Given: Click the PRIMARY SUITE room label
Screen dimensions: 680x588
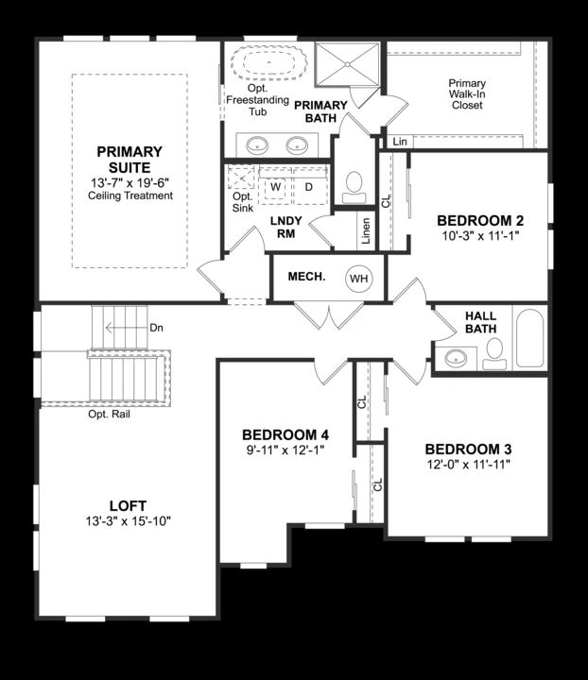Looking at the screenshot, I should (130, 159).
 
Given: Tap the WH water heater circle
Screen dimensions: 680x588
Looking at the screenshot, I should (358, 279).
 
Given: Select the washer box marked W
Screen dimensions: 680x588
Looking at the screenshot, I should (276, 187).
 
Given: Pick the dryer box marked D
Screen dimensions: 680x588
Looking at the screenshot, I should (308, 187).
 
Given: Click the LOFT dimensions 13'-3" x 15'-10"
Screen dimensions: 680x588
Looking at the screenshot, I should (127, 521).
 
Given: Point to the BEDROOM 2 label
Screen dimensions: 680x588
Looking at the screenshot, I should (480, 221).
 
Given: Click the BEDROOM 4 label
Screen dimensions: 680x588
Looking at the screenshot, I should (285, 434).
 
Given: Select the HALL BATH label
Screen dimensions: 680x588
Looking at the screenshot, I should (480, 322).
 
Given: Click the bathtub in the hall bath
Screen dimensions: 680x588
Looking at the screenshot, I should (529, 338).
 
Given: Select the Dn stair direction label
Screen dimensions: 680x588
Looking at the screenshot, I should (157, 328).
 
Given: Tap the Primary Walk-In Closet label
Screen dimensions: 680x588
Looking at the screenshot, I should (467, 94).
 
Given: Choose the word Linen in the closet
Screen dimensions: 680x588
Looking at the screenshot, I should (366, 229).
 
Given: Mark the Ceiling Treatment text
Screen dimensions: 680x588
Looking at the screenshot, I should (130, 195).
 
